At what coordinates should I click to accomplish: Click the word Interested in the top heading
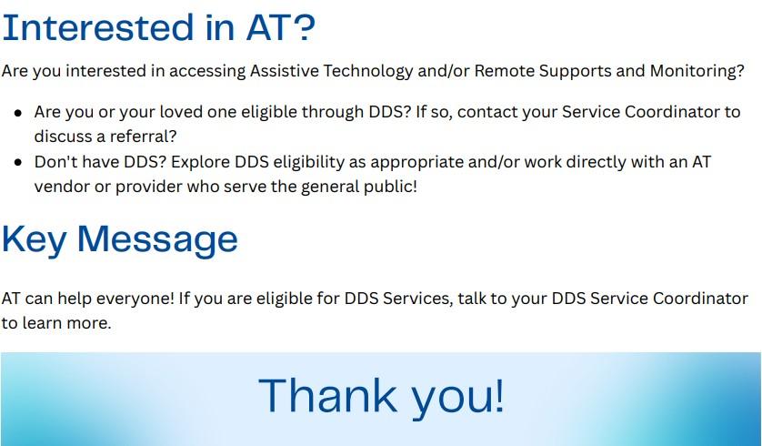tap(98, 27)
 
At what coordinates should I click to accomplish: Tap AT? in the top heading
tap(281, 27)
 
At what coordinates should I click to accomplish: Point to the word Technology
tap(368, 72)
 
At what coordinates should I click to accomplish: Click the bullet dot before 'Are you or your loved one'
tap(18, 113)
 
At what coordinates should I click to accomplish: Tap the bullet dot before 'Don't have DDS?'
tap(18, 162)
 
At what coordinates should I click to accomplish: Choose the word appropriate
tap(417, 162)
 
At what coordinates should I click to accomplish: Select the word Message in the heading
tap(157, 239)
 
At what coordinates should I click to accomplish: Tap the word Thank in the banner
tap(327, 395)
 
